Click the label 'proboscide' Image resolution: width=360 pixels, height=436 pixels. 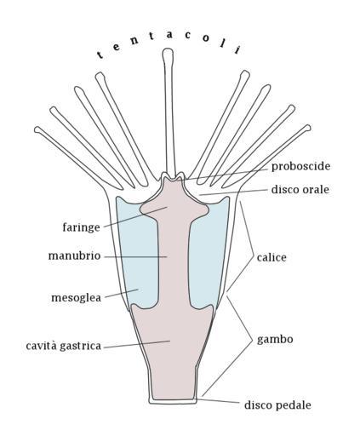click(x=300, y=167)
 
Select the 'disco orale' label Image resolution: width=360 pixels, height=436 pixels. click(x=300, y=189)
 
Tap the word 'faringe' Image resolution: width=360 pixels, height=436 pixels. click(x=82, y=228)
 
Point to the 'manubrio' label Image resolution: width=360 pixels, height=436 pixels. click(x=74, y=255)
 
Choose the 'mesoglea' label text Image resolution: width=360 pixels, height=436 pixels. click(x=76, y=298)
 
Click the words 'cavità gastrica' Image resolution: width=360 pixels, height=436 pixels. click(x=64, y=346)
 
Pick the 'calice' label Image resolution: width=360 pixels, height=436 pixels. click(x=271, y=258)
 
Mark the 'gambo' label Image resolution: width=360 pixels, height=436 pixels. click(x=275, y=340)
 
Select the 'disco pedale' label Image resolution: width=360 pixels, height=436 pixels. click(x=277, y=405)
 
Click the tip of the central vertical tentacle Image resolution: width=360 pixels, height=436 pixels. click(x=168, y=50)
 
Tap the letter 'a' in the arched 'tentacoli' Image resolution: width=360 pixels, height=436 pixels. click(x=169, y=35)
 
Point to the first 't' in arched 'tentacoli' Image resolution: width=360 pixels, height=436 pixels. click(x=100, y=54)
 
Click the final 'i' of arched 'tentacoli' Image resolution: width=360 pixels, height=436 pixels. click(x=237, y=49)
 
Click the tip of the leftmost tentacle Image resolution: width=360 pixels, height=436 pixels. click(x=37, y=129)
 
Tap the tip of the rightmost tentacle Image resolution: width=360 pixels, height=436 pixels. click(x=308, y=128)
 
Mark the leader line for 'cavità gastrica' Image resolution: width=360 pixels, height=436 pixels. click(x=136, y=344)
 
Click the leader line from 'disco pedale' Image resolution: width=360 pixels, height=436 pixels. click(x=218, y=401)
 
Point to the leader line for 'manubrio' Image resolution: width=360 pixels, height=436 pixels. click(x=135, y=257)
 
